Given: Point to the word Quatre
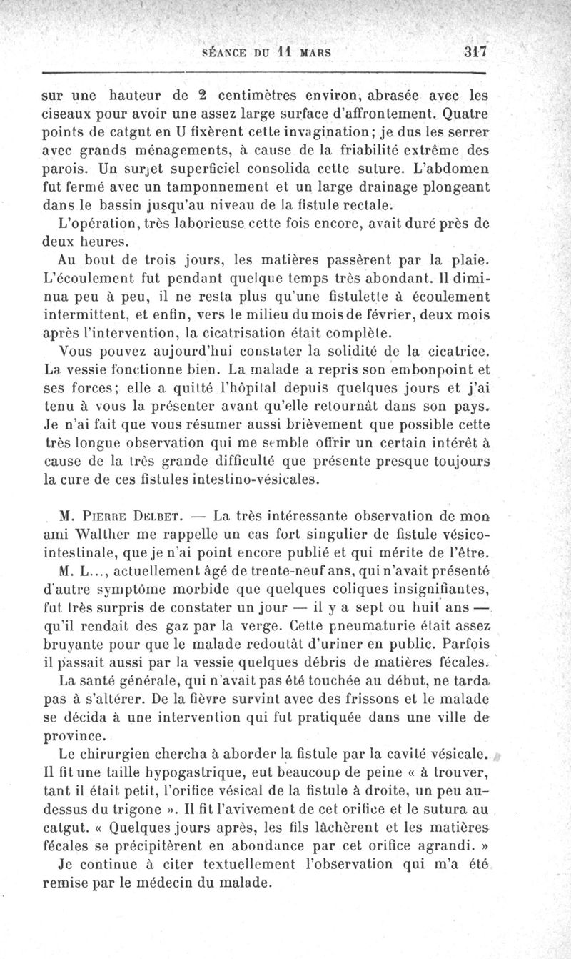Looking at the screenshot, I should pos(467,112).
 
